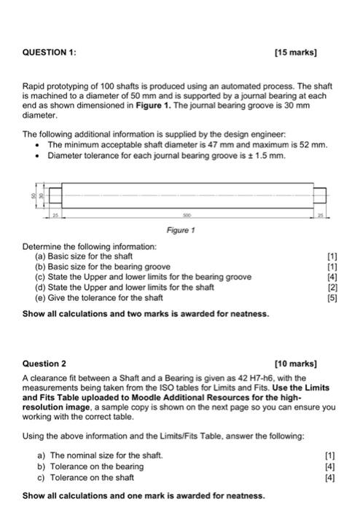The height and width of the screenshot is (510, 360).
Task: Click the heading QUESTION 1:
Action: (x=49, y=52)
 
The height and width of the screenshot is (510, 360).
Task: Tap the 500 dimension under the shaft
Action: (x=189, y=217)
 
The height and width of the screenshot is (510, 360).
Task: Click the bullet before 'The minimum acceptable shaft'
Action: (x=36, y=145)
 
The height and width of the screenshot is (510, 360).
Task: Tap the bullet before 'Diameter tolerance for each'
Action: (x=36, y=154)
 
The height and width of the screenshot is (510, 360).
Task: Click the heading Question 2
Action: (x=44, y=362)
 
